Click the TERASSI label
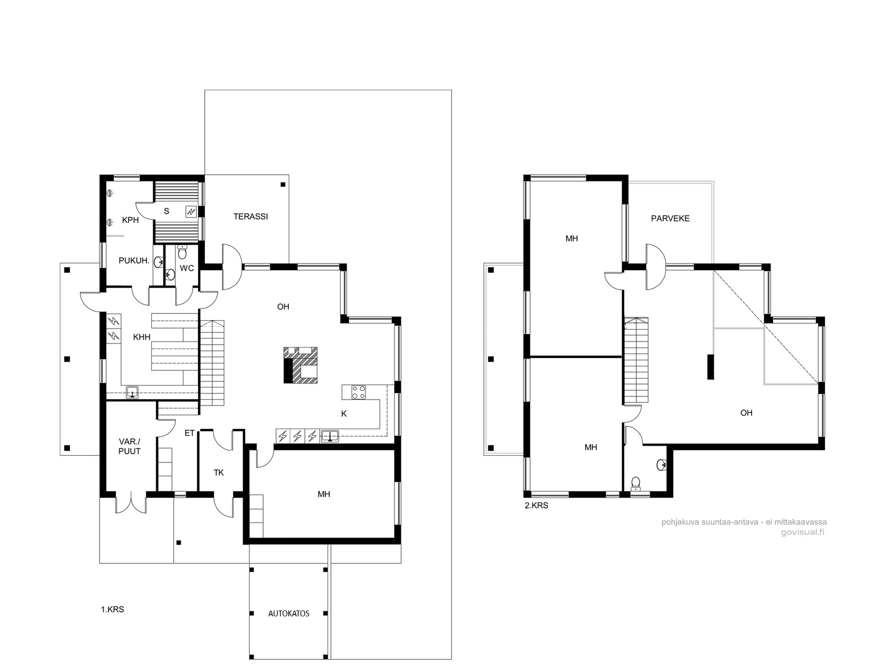pos(250,217)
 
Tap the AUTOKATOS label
pos(289,614)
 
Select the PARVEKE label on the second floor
pos(670,218)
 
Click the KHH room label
pos(141,337)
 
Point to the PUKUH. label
pos(134,261)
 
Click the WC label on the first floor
pos(187,268)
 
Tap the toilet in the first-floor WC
pos(182,252)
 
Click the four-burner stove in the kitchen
pos(358,392)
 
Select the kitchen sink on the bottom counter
pos(330,436)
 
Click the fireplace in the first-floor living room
pos(300,365)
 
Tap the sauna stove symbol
pos(191,211)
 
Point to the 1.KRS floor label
pos(112,610)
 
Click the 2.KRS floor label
pos(536,506)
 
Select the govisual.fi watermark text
pos(803,532)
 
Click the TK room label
pos(219,472)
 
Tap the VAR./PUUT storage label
pos(130,446)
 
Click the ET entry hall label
pos(189,434)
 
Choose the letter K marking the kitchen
pos(344,414)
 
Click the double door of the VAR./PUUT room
pos(131,504)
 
